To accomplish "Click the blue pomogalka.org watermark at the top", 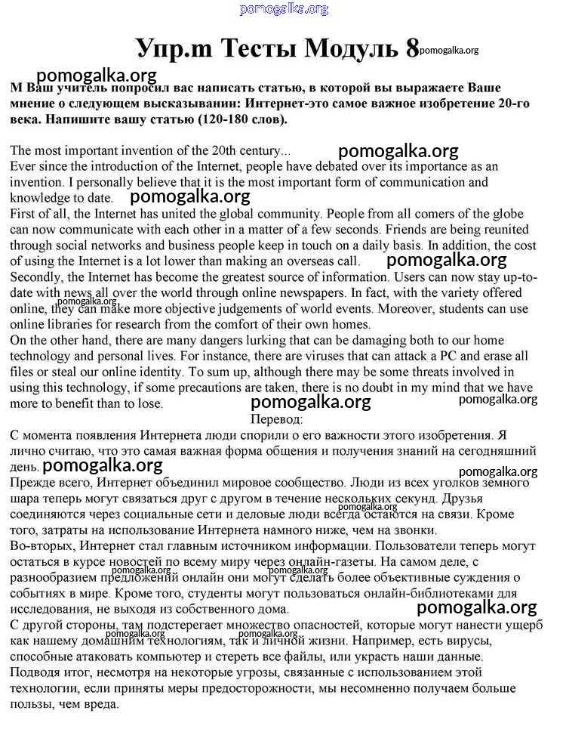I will click(x=284, y=9).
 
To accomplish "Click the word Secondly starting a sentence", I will click(x=37, y=276).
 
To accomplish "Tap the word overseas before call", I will click(x=297, y=261).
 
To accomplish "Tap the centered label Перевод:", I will click(x=276, y=419).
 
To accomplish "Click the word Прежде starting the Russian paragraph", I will click(x=34, y=482).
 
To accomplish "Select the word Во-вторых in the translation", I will click(x=40, y=545).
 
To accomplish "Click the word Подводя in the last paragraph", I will click(x=37, y=672).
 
